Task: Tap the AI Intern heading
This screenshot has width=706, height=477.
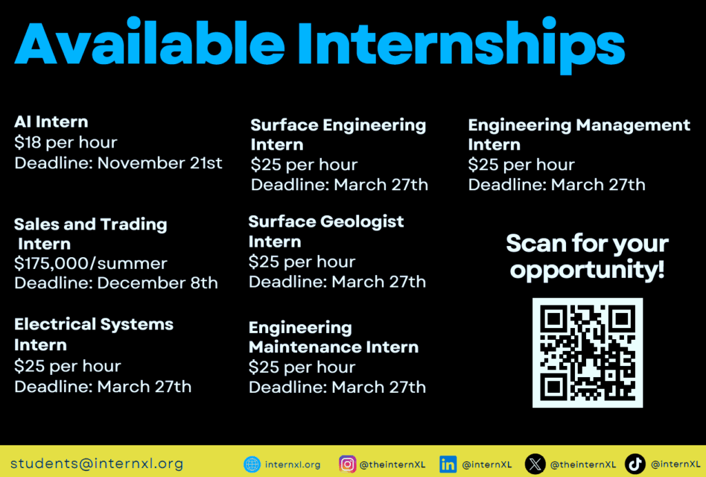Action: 51,122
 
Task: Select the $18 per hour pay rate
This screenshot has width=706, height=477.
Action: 65,143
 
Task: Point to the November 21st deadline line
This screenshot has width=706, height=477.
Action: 118,163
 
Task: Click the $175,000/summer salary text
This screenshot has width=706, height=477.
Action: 90,263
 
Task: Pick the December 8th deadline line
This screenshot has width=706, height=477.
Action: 116,283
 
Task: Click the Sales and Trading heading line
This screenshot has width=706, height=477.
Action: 90,224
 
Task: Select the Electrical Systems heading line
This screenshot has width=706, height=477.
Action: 94,324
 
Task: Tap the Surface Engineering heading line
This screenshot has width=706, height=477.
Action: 338,125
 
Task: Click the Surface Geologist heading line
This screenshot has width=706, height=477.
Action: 325,222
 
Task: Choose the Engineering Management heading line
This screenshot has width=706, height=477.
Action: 578,125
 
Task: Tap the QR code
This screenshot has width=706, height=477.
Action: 587,352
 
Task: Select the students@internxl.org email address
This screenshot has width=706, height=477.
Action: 97,464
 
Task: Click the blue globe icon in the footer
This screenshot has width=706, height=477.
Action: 252,465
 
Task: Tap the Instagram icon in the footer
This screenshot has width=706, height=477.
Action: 347,465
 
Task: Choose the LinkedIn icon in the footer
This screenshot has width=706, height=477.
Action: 448,465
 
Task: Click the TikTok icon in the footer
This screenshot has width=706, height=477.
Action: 635,465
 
